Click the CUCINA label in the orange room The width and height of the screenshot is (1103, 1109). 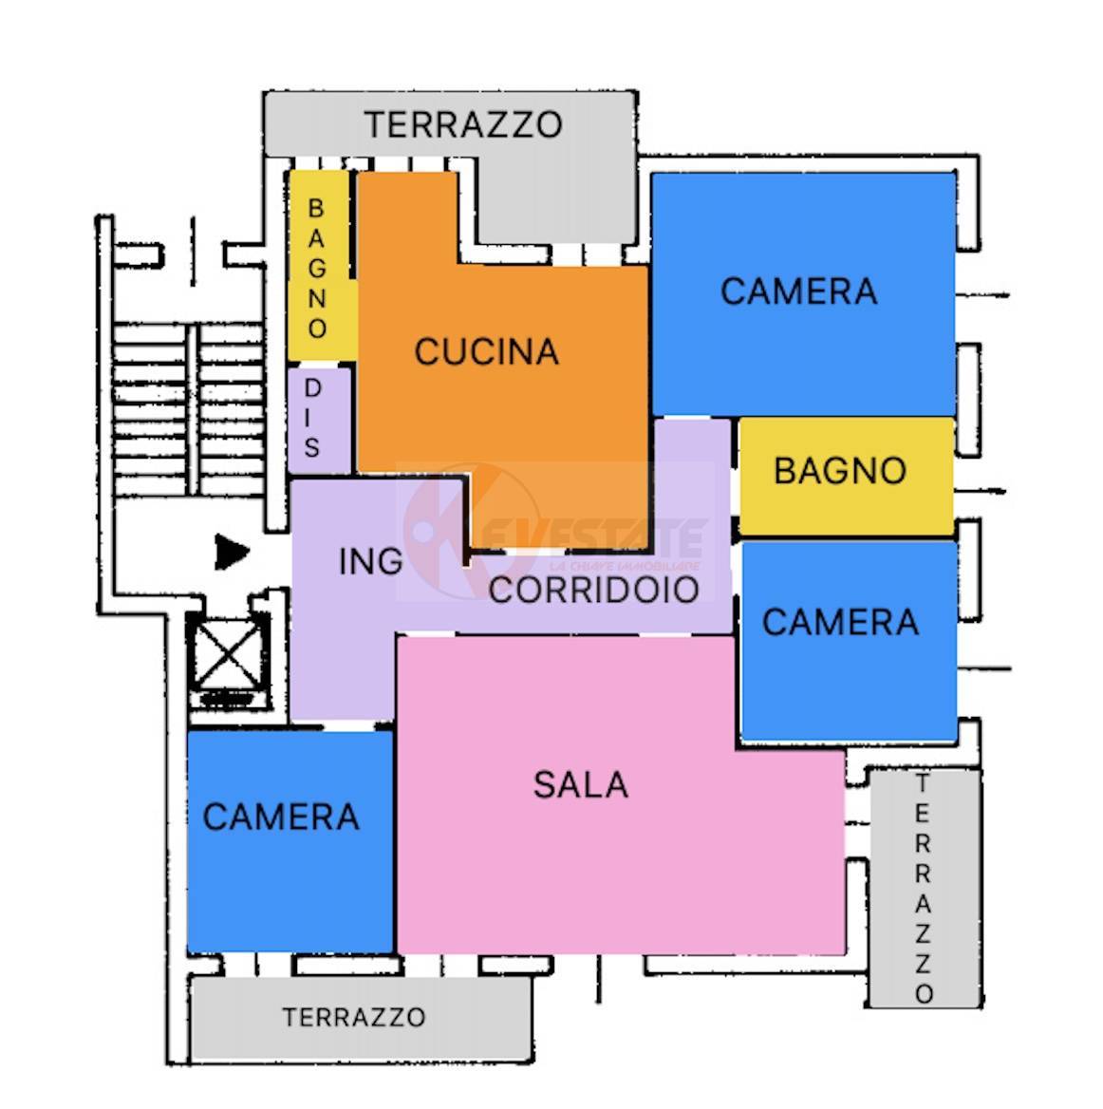pos(486,352)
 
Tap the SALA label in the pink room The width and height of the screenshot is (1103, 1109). pos(580,785)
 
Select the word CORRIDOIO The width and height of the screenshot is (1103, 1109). pos(593,590)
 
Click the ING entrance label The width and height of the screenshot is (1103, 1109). pos(370,562)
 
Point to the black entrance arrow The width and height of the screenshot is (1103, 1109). pos(231,553)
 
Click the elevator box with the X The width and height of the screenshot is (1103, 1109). pos(225,653)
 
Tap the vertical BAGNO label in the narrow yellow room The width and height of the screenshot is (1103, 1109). pos(317,268)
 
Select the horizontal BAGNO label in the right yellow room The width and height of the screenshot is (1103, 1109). pos(840,471)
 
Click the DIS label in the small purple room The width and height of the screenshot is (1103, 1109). pos(312,418)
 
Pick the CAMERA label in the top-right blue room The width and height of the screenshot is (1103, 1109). pos(798,291)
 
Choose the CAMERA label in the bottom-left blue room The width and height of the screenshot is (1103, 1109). pos(281,818)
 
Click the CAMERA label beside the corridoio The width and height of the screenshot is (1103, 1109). pos(840,623)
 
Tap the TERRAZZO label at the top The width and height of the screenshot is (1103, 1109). pos(463,124)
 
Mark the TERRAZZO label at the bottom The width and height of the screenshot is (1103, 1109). pos(353,1017)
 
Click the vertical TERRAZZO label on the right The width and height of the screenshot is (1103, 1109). pos(923,889)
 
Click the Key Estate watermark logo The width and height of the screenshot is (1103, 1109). pos(446,532)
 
